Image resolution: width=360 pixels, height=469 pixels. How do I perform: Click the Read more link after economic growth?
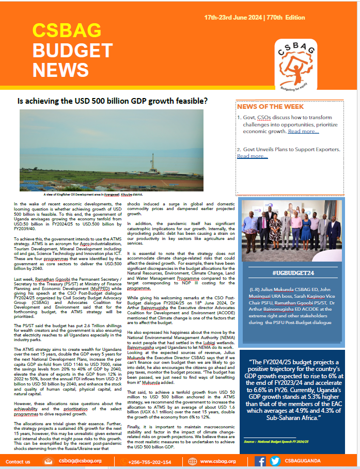pos(303,132)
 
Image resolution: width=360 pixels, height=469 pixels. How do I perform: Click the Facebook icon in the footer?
pos(260,461)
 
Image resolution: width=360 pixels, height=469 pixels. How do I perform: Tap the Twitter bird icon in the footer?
pos(275,461)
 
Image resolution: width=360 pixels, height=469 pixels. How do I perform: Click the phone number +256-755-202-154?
pos(149,462)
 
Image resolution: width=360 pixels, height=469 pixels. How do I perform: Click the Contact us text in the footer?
pos(18,462)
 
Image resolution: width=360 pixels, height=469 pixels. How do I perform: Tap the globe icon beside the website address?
pos(193,461)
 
